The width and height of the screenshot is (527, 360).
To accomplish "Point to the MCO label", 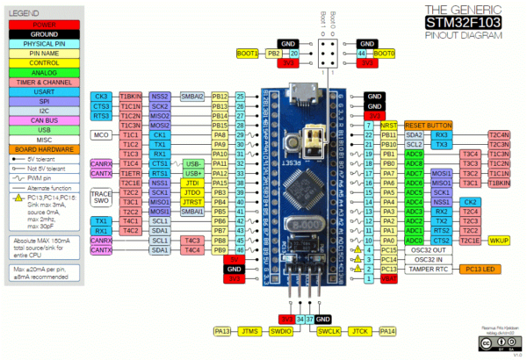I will tap(102, 135).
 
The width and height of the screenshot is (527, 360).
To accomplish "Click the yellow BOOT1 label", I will tap(248, 54).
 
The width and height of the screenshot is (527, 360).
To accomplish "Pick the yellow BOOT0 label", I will tap(385, 54).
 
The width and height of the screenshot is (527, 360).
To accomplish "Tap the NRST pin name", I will tap(389, 125).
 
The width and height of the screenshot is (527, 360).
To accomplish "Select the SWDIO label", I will tap(281, 331).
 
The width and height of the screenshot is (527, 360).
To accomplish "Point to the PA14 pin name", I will tap(387, 331).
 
